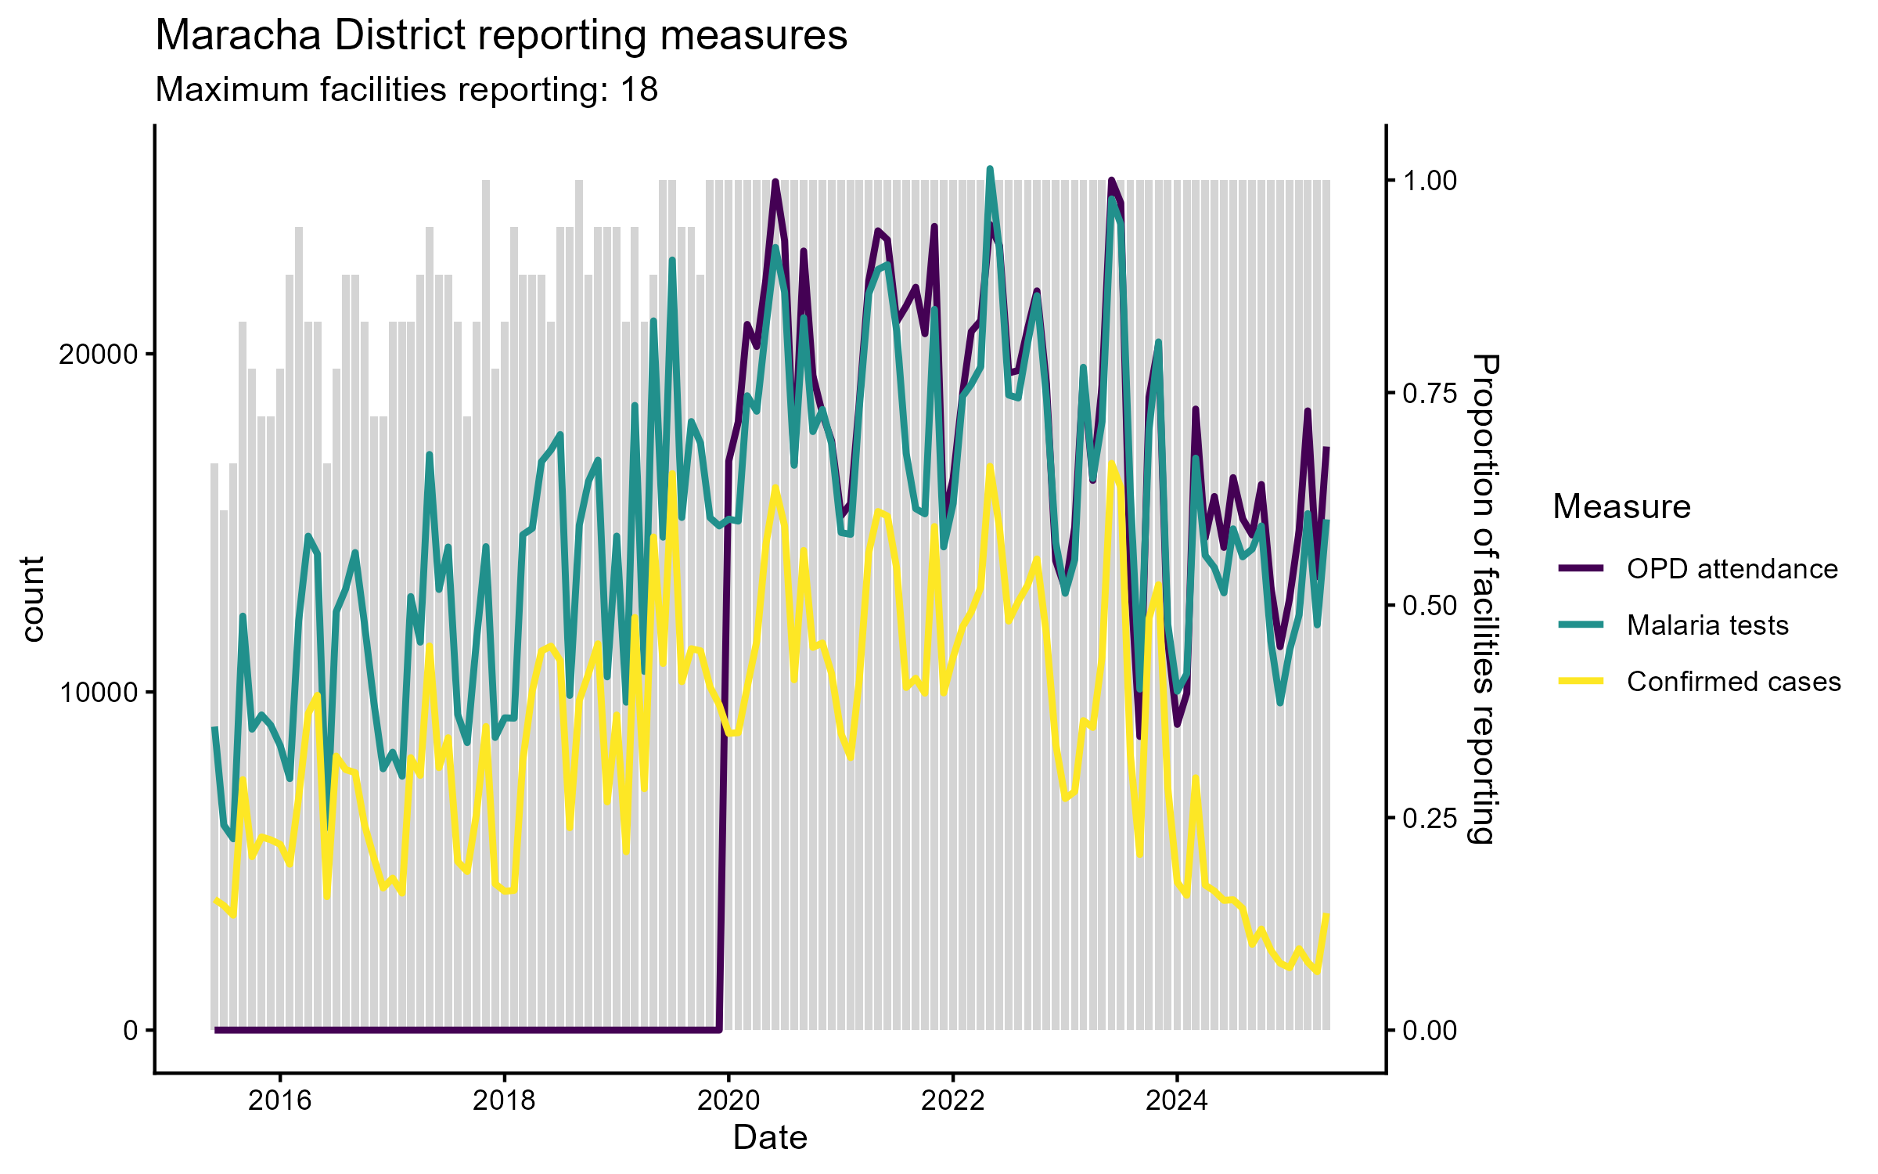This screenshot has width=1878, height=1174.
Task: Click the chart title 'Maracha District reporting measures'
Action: tap(501, 36)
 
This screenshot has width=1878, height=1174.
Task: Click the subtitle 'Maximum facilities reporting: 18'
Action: tap(406, 90)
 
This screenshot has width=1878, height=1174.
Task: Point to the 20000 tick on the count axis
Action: tap(98, 355)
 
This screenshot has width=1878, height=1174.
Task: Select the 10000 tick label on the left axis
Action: tap(98, 693)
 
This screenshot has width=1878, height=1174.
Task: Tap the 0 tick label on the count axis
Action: tap(130, 1031)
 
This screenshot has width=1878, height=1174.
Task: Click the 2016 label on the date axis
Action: tap(280, 1101)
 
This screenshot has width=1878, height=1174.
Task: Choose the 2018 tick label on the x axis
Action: tap(504, 1101)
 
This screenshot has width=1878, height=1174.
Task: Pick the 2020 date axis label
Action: tap(729, 1101)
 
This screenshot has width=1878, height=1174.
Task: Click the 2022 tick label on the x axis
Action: tap(952, 1101)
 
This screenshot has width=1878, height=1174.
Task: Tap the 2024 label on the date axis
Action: tap(1176, 1101)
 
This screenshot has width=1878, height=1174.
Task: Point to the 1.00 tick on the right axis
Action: tap(1430, 181)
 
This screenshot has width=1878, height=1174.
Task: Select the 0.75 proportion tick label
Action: tap(1430, 393)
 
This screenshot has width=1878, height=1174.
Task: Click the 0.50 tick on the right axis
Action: tap(1430, 606)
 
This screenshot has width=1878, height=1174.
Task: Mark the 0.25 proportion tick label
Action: tap(1430, 818)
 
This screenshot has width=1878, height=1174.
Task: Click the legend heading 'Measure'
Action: tap(1621, 506)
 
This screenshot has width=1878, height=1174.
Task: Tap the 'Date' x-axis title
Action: tap(770, 1138)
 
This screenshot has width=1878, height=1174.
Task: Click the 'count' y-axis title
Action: tap(33, 600)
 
